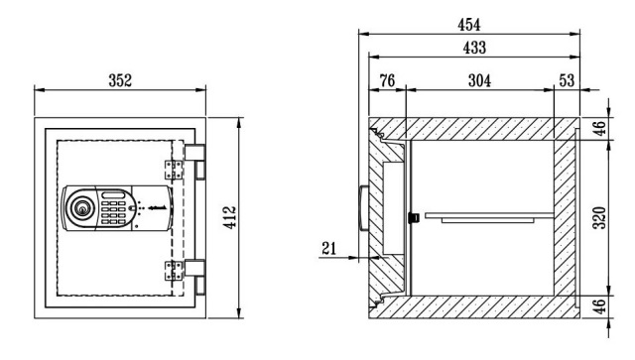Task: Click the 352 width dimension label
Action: [120, 80]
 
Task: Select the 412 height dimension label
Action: [230, 217]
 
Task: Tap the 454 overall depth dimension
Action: [469, 25]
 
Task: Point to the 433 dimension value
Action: [474, 48]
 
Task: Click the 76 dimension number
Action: [387, 80]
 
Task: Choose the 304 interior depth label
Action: [479, 80]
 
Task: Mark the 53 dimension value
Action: [567, 80]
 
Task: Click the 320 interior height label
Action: [599, 218]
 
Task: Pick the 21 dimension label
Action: [328, 248]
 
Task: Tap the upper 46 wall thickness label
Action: [599, 128]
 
